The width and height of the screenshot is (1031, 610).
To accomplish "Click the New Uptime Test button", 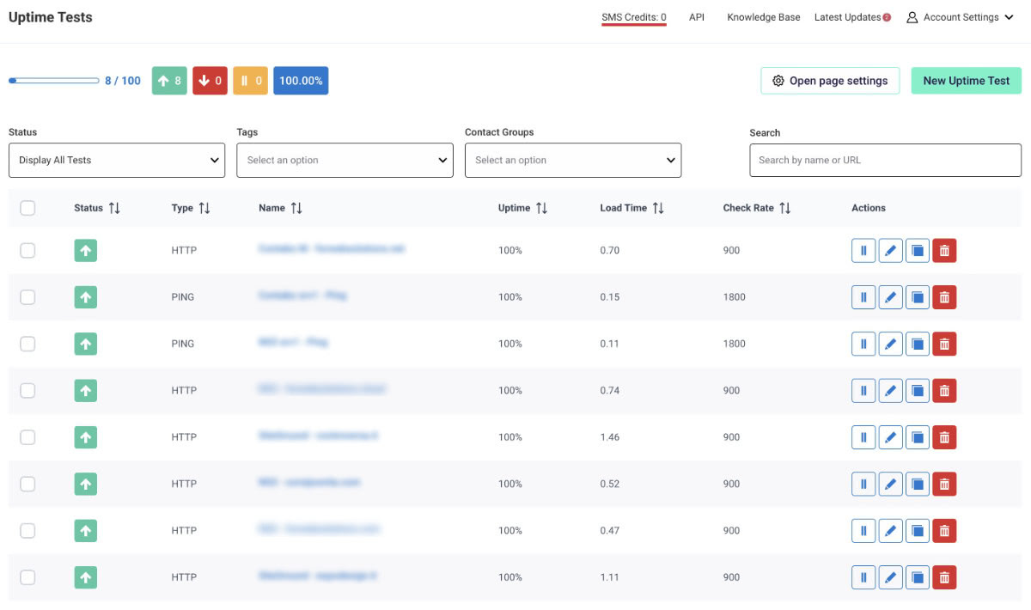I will [x=966, y=81].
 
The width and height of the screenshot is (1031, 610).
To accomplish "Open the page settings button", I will [x=829, y=81].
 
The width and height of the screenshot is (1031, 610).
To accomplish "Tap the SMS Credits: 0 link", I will [x=633, y=17].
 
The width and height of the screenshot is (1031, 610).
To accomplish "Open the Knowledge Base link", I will [x=763, y=17].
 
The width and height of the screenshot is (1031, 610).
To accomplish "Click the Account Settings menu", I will [x=961, y=17].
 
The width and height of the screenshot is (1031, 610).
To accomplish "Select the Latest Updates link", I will [x=848, y=17].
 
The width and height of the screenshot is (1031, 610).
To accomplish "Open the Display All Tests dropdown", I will [x=117, y=160].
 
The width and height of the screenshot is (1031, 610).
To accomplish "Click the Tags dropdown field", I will [x=345, y=160].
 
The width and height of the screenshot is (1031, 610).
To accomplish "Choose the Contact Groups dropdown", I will [x=573, y=160].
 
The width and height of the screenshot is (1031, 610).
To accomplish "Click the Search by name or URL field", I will [x=885, y=160].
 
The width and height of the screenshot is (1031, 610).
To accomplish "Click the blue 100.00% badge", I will [x=301, y=81].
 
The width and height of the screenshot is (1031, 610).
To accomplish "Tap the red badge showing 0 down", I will [x=210, y=81].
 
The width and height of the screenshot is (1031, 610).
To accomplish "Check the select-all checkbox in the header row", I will [x=27, y=208].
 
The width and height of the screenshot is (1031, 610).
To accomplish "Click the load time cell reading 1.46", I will [x=610, y=437].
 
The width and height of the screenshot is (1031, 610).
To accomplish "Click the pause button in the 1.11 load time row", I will [x=863, y=577].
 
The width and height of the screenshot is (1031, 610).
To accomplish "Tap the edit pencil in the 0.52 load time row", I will [x=890, y=484].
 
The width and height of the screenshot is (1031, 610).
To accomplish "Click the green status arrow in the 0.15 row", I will [x=85, y=297].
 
